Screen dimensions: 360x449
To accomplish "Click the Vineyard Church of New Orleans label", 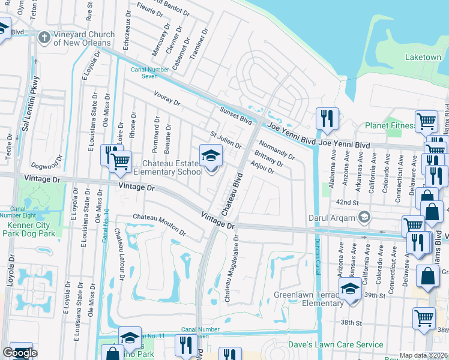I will pyautogui.click(x=82, y=38).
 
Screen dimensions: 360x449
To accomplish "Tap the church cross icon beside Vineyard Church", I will pyautogui.click(x=43, y=38).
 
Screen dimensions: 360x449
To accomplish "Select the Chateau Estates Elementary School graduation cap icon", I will pyautogui.click(x=211, y=157).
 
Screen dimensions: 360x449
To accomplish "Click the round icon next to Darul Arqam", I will pyautogui.click(x=363, y=216).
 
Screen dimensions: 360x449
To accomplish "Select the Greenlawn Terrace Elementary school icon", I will pyautogui.click(x=350, y=290).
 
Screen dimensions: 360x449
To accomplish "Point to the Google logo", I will pyautogui.click(x=20, y=353).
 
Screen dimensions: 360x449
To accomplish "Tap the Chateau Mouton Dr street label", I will pyautogui.click(x=159, y=223).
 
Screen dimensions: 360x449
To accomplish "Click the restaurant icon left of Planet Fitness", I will pyautogui.click(x=327, y=119).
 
